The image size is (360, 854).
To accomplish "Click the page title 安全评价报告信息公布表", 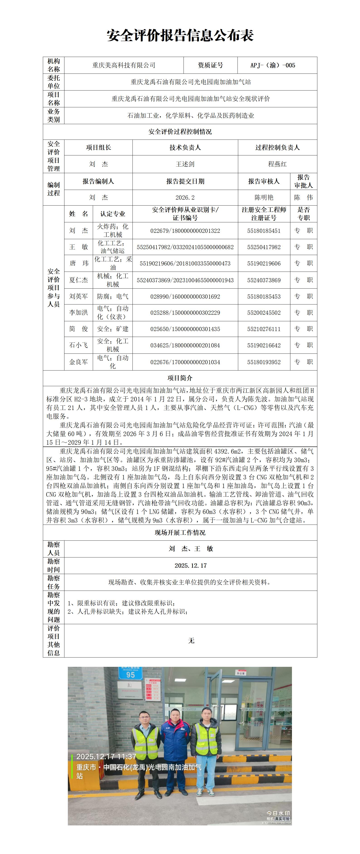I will coord(180,35).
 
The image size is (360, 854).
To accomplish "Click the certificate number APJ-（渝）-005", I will coord(272,65).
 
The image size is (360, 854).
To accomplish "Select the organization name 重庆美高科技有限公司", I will coord(124,65).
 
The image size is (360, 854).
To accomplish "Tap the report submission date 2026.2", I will coord(185,198).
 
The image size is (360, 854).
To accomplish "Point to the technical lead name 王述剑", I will coord(185,164).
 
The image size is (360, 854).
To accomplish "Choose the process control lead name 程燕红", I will coord(277,164).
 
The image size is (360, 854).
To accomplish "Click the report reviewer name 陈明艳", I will coord(264,198).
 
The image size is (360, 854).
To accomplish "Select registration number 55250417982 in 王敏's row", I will coord(264,247).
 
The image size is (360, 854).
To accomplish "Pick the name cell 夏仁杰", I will coord(78,280).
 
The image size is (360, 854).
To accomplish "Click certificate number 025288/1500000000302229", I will coord(185,313).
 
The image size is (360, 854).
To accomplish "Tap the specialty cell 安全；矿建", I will coord(113,329).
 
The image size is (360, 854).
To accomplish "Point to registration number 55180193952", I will coord(264,362).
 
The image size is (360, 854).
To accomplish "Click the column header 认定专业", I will coord(113,214).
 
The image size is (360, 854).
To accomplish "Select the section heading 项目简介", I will coord(180,378).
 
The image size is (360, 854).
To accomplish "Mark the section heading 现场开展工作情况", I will coord(180,533).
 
